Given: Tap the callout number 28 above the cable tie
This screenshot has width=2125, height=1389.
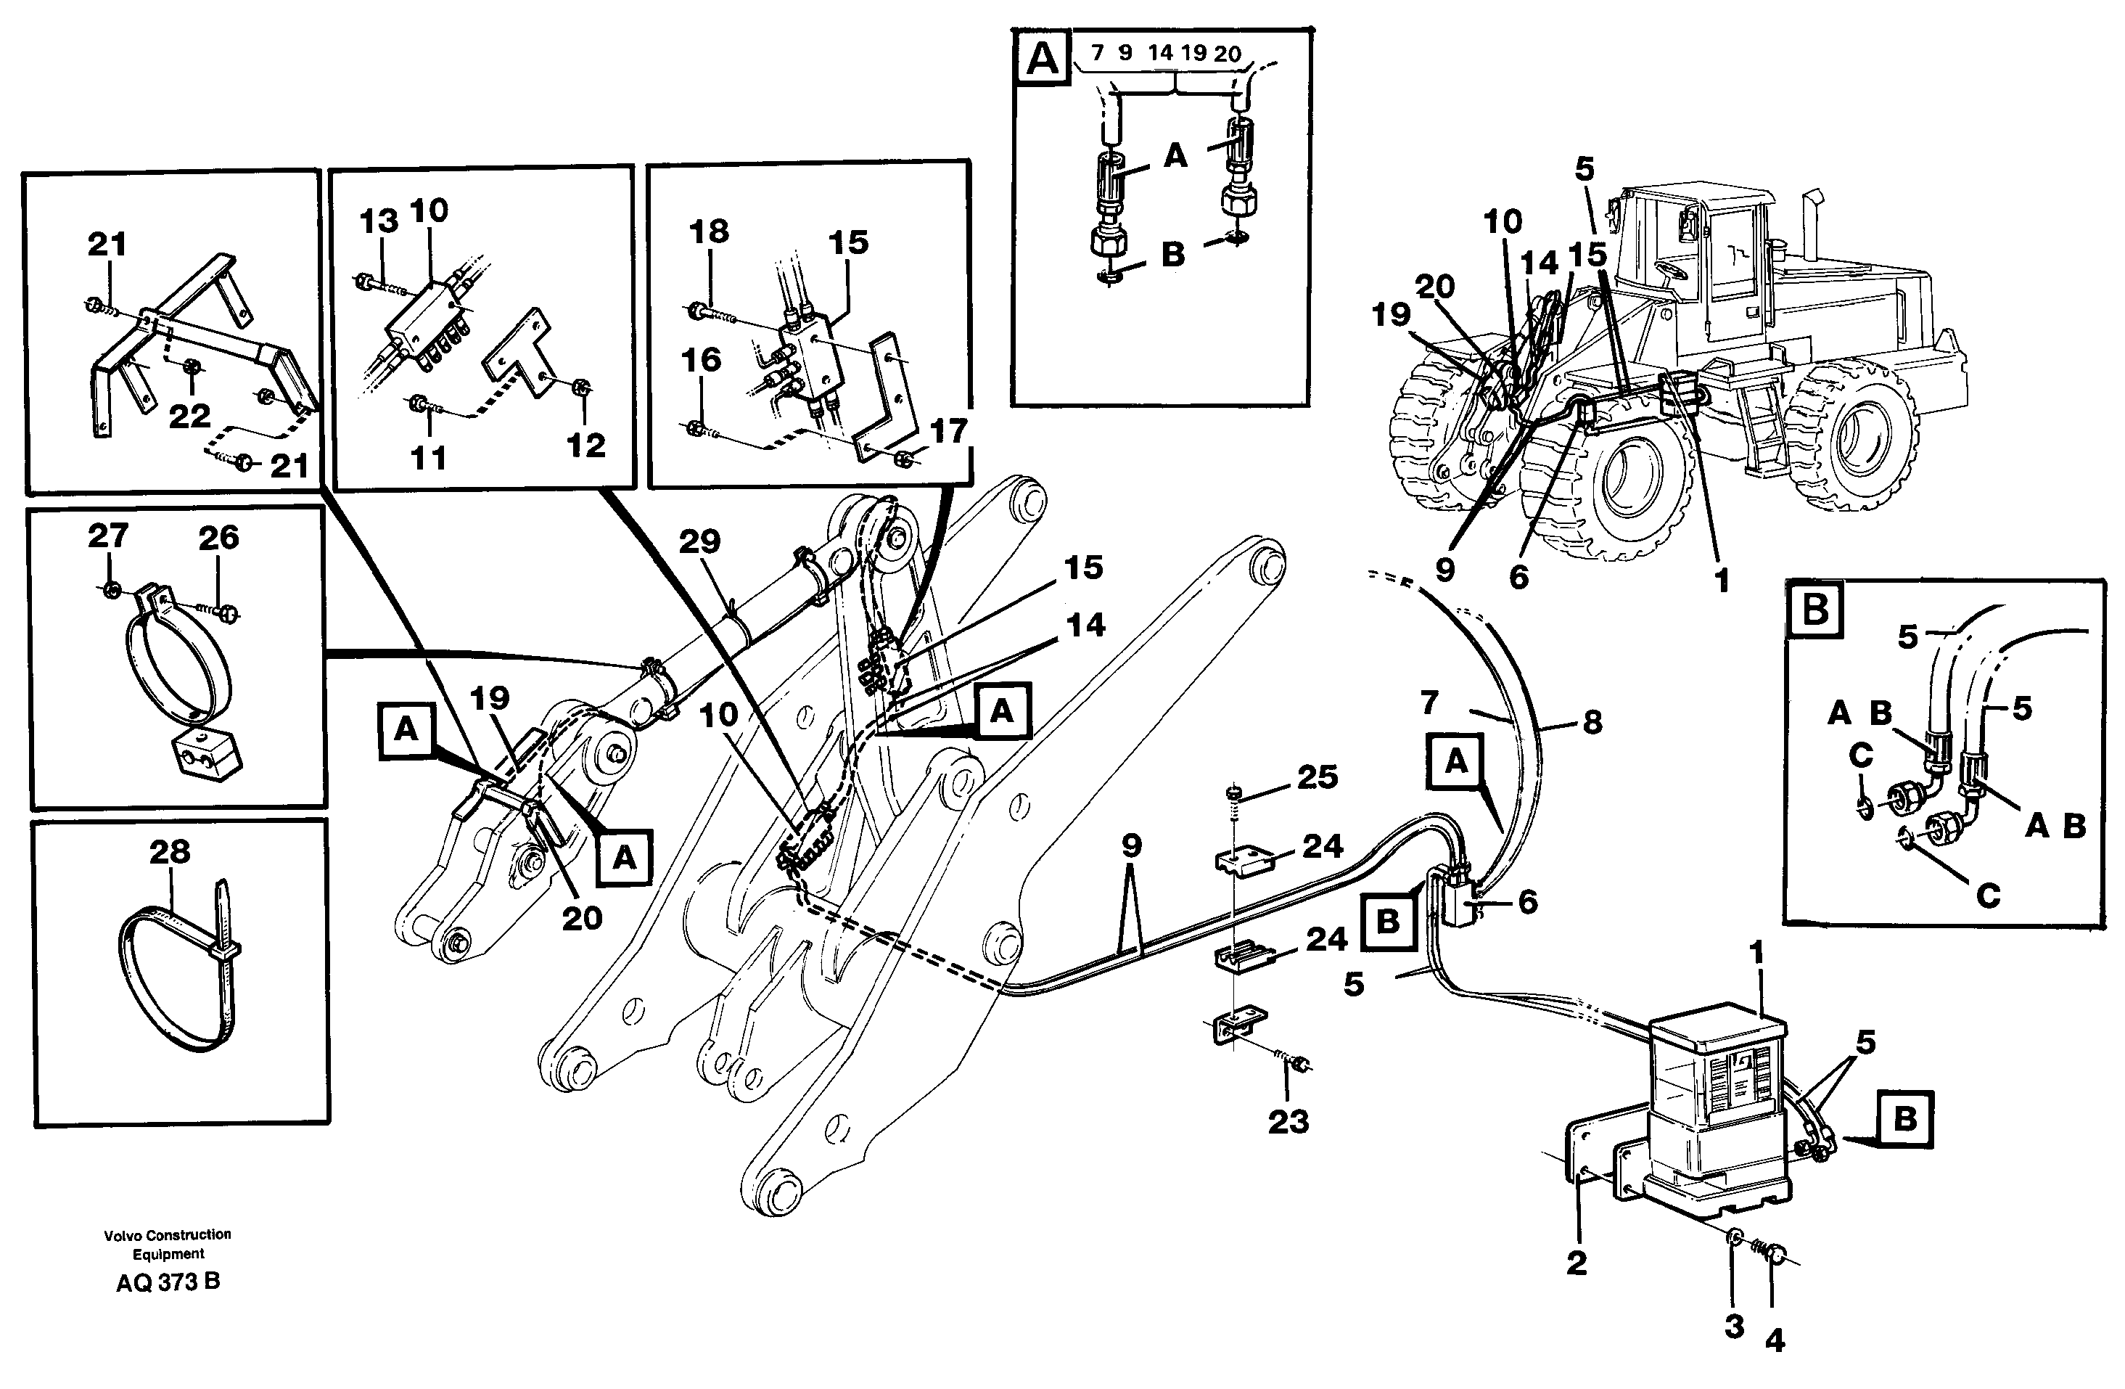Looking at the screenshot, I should coord(170,851).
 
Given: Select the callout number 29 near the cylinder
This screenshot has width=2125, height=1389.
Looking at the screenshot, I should coord(699,541).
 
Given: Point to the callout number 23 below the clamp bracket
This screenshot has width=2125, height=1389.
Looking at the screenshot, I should coord(1288,1122).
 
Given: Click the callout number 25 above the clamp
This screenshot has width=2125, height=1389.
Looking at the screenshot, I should coord(1317,777).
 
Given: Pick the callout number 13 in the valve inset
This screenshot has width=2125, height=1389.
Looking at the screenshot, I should coord(379,221).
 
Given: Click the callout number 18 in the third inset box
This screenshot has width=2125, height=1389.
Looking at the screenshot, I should coord(709,231).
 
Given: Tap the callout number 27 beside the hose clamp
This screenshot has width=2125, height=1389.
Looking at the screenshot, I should coord(108,536).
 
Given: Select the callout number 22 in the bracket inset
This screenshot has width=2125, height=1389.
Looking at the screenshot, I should coord(189,415).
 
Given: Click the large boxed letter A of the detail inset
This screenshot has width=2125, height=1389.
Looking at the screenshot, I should coord(1043,59).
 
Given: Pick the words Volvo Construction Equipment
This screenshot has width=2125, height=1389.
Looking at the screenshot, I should coord(168,1243).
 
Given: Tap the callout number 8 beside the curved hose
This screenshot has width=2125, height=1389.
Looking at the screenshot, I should coord(1592,723).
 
